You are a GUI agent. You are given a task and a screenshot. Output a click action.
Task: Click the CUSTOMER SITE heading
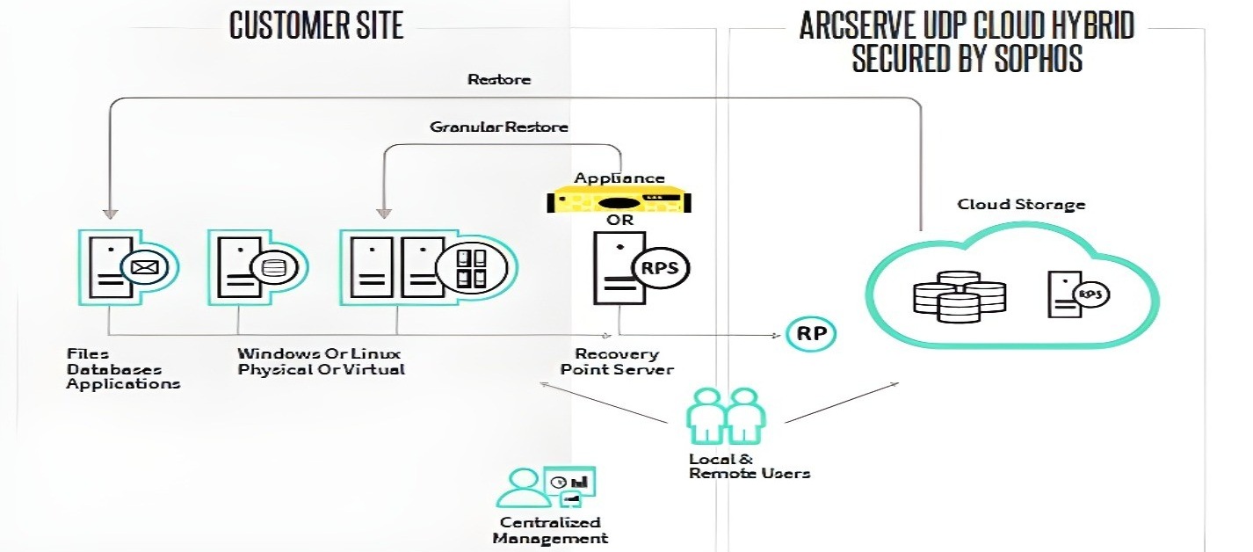pos(316,25)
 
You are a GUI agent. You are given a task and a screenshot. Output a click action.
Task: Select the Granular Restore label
pos(498,127)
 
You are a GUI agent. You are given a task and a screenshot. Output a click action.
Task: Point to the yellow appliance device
pos(619,201)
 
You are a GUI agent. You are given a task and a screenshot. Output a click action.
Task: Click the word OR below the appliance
pos(620,220)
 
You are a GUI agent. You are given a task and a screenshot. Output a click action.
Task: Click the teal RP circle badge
pos(809,333)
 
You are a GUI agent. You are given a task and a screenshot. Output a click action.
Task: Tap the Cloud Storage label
pos(1020,205)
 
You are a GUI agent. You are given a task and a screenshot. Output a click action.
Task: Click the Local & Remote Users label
pos(749,466)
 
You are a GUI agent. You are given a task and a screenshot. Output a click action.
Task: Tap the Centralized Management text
pos(550,530)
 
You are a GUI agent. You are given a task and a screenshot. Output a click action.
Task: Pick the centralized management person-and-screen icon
pos(547,486)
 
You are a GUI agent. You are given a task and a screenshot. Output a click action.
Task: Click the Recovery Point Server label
pos(617,361)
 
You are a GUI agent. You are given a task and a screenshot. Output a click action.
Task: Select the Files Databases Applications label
pos(123,368)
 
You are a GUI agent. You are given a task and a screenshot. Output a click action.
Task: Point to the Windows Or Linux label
pos(319,353)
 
